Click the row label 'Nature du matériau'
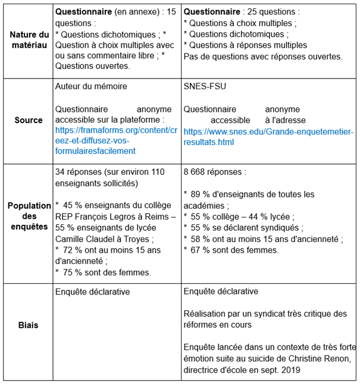point(29,40)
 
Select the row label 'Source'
point(29,120)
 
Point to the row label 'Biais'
point(29,325)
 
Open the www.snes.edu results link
point(268,137)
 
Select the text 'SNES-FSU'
point(205,86)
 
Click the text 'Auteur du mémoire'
point(90,86)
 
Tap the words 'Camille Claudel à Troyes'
point(101,238)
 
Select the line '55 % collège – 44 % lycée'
point(242,216)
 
